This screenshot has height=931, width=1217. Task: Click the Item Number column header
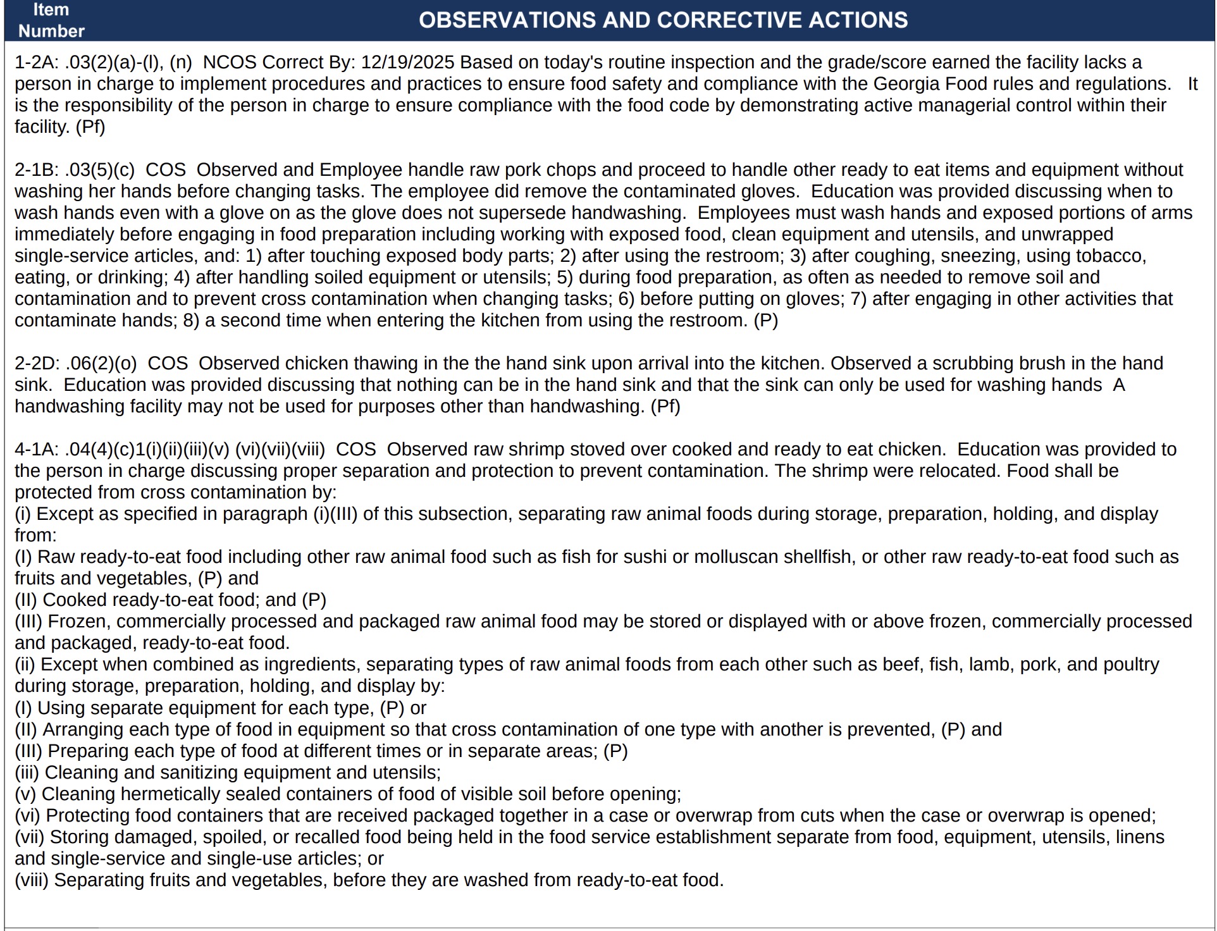point(51,20)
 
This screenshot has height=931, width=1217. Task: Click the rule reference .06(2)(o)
point(101,364)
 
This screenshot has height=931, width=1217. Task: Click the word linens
point(1139,837)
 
